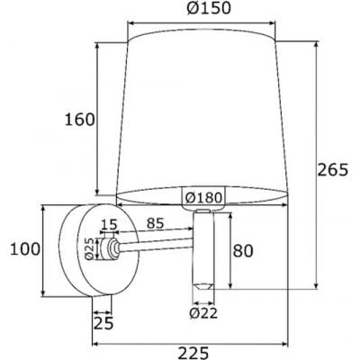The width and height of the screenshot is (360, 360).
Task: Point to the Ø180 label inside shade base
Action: [x=202, y=198]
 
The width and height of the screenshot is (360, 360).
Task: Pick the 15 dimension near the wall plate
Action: [x=109, y=223]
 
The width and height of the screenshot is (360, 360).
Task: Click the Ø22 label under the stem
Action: [x=204, y=313]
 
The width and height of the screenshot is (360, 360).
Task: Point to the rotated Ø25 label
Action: [x=89, y=247]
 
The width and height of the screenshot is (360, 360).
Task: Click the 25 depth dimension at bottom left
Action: [x=103, y=322]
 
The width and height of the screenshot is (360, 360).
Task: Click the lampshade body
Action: [x=202, y=108]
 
